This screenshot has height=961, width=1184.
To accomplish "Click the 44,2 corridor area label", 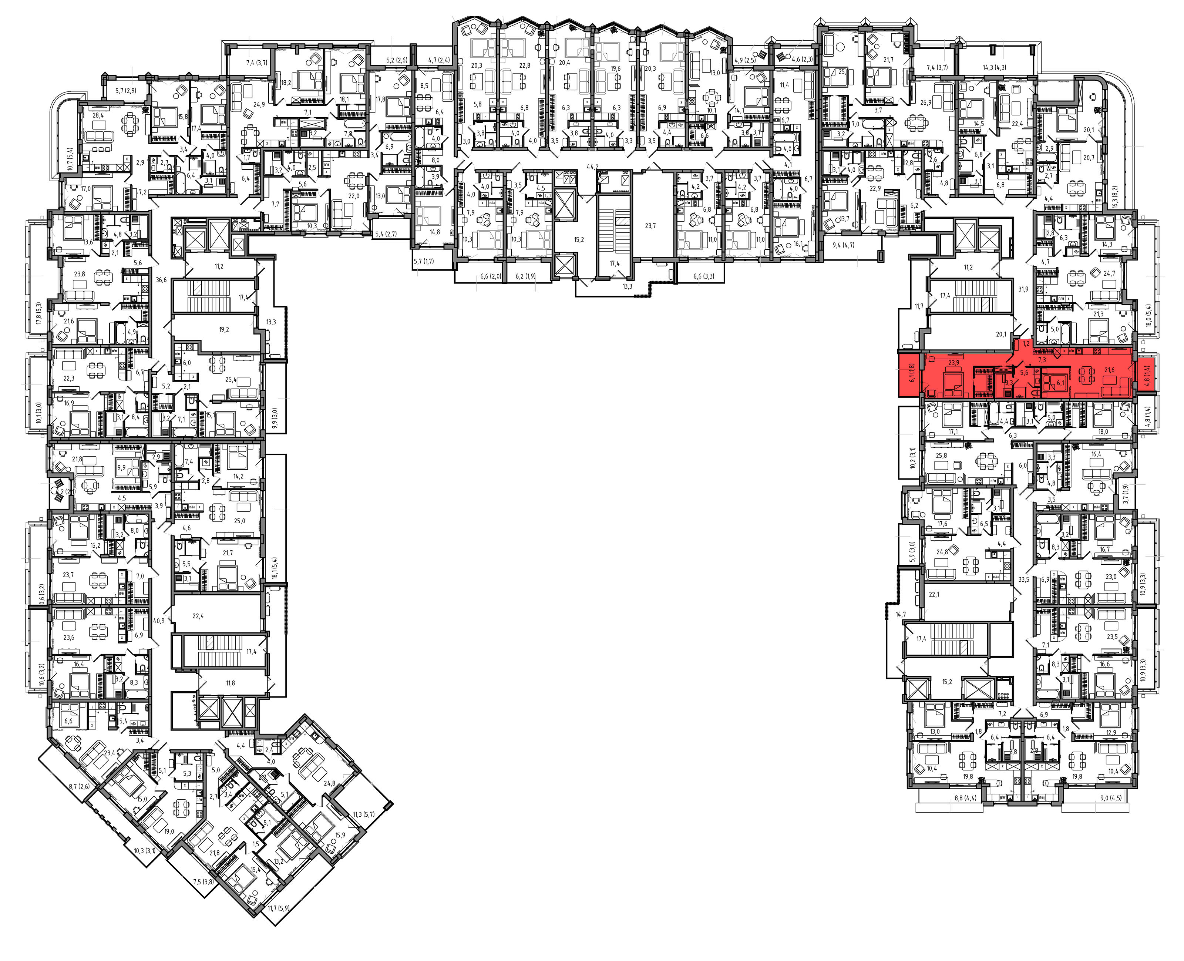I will tap(593, 167).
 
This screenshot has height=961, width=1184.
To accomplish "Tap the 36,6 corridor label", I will tap(161, 280).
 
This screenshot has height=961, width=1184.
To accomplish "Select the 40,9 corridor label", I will tap(159, 621).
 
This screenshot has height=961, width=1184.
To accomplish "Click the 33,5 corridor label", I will tap(1023, 580).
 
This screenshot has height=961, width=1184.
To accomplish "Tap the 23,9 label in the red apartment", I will tap(953, 363).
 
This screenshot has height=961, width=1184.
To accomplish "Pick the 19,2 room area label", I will tap(223, 329).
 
